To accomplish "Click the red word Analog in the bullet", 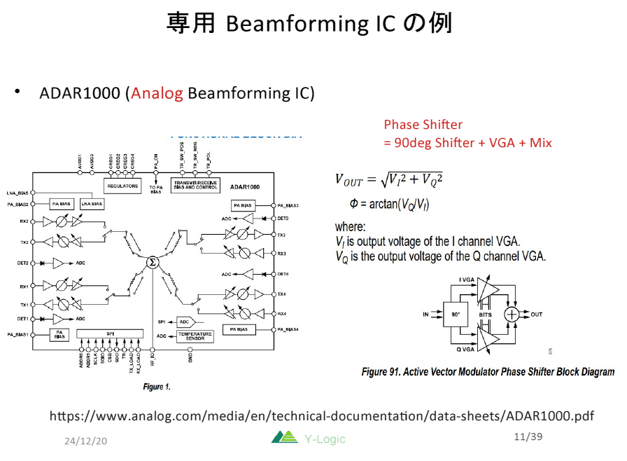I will coord(157,93).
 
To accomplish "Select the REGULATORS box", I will coord(122,186).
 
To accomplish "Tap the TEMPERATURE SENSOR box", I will coord(195,336).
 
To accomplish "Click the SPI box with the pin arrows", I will coord(110,333).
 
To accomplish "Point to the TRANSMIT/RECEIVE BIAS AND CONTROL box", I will coord(195,186).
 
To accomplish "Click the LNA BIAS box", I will coord(92,204).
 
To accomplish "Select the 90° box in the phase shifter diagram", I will coord(455,315).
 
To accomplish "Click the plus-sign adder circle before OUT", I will coord(512,315).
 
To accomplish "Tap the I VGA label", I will coord(467,280).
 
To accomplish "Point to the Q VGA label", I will coord(468,349).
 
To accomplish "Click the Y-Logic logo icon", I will coord(284,438).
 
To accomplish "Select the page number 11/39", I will coord(528,437).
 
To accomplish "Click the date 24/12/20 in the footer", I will coord(85,441).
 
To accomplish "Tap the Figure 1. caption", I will coord(157,387).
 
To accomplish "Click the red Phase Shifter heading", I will coord(423,125).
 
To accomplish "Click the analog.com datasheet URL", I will coord(321,416).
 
